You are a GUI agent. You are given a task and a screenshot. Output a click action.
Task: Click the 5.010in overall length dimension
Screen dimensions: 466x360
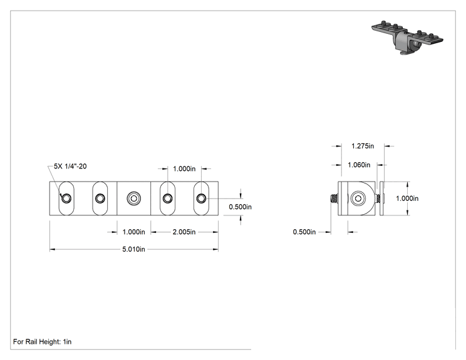tap(134, 249)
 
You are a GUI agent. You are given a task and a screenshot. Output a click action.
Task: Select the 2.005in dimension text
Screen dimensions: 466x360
tap(184, 232)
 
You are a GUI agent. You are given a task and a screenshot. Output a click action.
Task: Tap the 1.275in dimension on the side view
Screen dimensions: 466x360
tap(363, 146)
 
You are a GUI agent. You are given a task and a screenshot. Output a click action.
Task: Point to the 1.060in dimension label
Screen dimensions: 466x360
tap(359, 165)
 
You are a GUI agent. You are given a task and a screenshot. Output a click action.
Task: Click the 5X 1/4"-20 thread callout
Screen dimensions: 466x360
tap(70, 166)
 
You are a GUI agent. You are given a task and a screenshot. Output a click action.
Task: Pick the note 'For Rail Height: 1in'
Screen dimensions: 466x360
tap(42, 342)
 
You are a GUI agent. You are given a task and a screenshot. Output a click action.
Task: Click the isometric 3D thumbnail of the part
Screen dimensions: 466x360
tap(407, 38)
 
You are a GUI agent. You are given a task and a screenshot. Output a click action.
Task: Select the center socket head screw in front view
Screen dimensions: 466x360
tap(134, 198)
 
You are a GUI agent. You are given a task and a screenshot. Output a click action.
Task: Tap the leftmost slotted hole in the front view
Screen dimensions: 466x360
tap(66, 198)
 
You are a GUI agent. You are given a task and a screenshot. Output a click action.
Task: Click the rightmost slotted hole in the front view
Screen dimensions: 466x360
tap(201, 198)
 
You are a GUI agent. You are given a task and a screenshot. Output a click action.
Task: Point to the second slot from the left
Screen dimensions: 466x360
tap(100, 198)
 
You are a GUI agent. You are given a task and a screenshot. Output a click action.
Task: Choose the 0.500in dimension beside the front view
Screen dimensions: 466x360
tap(240, 207)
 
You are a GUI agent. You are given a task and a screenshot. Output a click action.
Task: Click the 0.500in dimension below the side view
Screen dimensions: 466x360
tap(304, 232)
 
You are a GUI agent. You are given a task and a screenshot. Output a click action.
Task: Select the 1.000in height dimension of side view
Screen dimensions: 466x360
tap(407, 198)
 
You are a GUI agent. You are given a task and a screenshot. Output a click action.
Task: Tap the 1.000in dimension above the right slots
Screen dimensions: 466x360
tap(184, 168)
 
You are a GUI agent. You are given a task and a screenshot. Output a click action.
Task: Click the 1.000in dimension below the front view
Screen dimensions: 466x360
tap(134, 232)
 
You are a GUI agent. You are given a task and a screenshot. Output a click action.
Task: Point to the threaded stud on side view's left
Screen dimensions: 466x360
tap(334, 198)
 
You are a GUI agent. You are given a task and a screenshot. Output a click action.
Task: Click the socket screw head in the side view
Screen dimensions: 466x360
tap(358, 198)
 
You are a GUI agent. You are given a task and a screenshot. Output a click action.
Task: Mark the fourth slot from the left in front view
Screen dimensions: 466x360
tap(167, 198)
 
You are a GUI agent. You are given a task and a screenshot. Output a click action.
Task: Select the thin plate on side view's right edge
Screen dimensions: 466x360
tap(382, 198)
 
